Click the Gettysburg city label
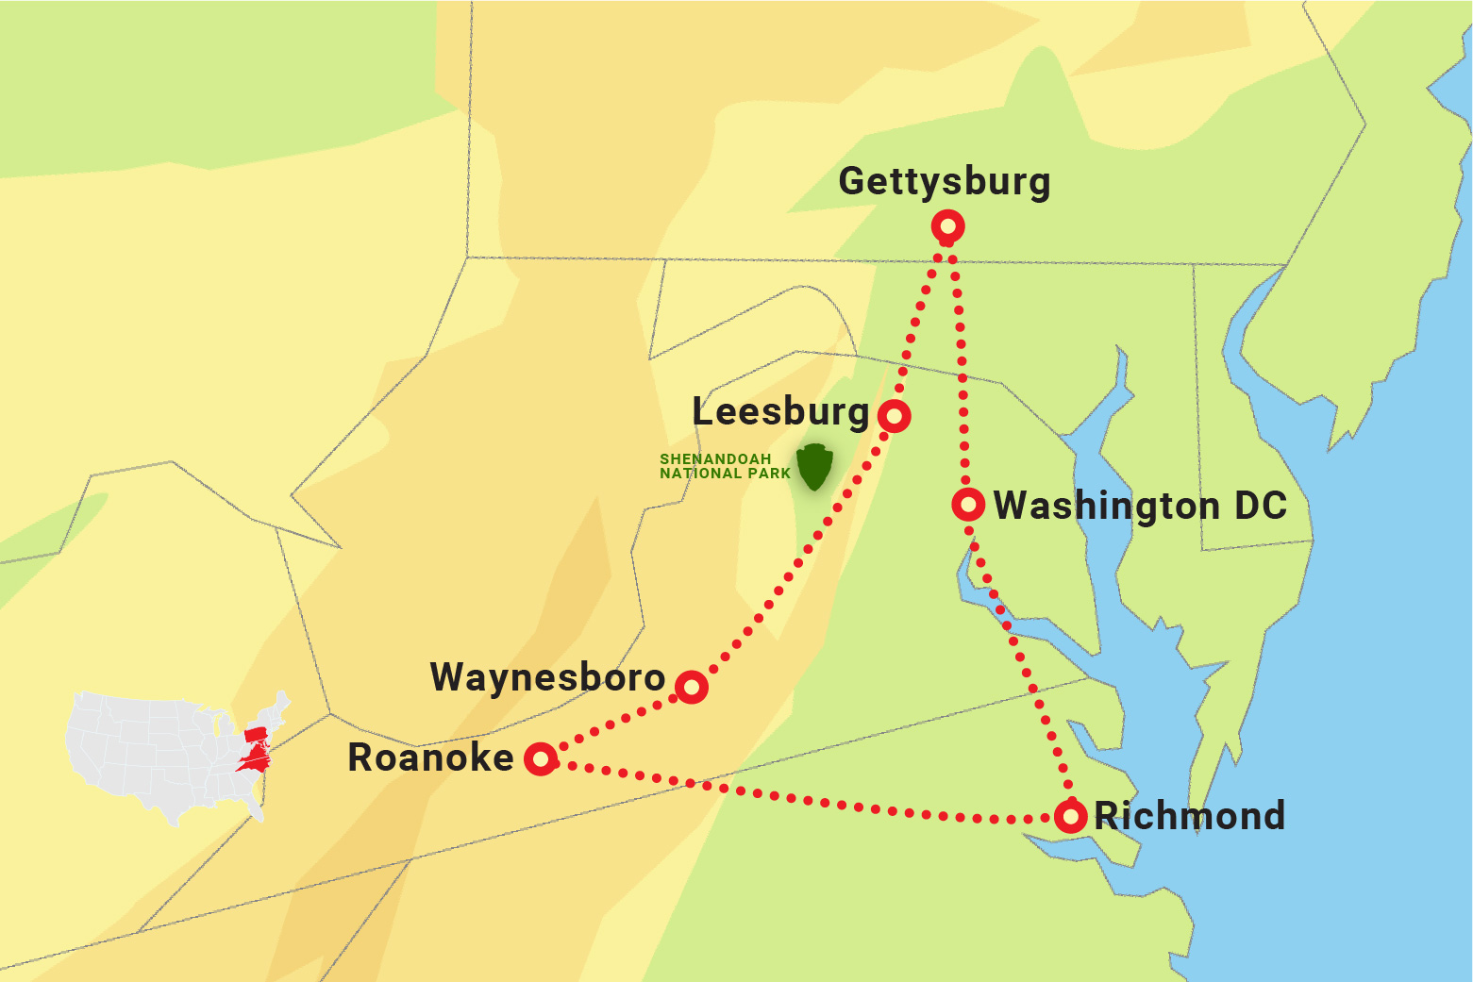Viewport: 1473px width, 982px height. coord(944,182)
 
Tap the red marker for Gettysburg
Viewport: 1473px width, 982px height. coord(947,226)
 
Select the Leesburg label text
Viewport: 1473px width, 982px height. coord(780,412)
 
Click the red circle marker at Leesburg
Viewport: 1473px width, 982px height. coord(894,415)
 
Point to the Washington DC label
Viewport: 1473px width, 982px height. coord(1140,506)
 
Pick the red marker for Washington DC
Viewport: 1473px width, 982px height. coord(968,505)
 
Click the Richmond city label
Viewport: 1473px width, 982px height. coord(1189,816)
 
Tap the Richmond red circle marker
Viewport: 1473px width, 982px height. coord(1070,816)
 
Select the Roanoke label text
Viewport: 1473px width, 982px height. coord(430,757)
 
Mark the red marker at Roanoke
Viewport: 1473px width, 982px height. coord(541,757)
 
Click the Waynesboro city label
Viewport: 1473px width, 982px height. coord(547,677)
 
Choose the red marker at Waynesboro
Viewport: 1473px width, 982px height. coord(692,687)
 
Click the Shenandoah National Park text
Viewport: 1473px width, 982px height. coord(725,466)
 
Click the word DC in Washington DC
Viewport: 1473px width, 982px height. coord(1260,506)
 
